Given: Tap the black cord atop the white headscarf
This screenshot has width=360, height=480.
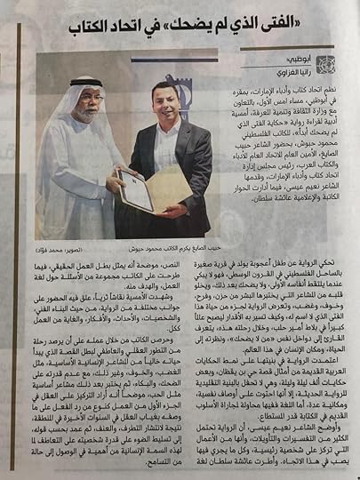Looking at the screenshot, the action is click(x=78, y=79).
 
